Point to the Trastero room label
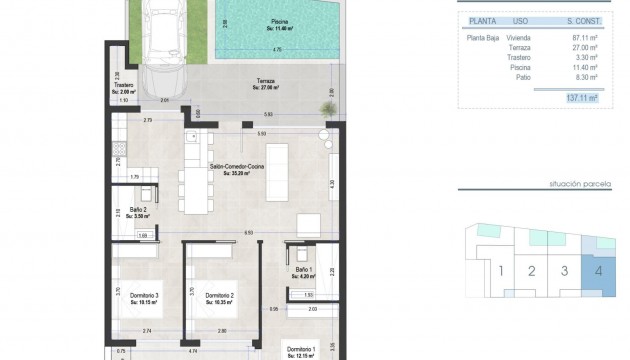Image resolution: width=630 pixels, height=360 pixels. pyautogui.click(x=124, y=87)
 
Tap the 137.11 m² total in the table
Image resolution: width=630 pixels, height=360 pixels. pyautogui.click(x=579, y=99)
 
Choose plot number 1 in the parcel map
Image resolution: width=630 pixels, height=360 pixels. pyautogui.click(x=501, y=271)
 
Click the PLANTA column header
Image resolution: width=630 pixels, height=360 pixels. pyautogui.click(x=479, y=19)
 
